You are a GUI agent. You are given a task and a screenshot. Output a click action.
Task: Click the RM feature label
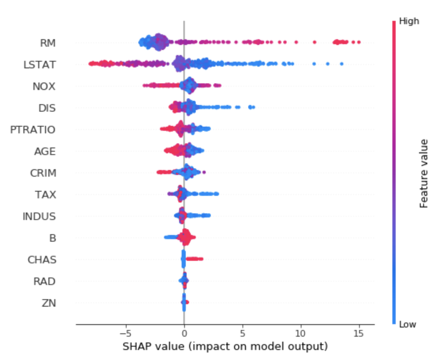[x=48, y=43]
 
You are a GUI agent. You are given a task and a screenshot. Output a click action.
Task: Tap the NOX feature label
[x=44, y=86]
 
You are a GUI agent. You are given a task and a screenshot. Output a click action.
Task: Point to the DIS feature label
[x=47, y=108]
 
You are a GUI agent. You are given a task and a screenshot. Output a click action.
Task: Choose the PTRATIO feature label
[x=33, y=130]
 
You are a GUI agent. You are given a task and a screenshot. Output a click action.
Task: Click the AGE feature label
[x=45, y=151]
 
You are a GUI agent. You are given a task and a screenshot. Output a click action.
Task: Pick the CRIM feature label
[x=43, y=173]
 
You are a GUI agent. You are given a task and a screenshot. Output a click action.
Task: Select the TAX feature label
[x=46, y=195]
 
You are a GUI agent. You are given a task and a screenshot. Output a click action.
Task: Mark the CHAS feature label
[x=42, y=260]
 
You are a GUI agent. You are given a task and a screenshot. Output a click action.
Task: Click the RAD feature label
[x=45, y=281]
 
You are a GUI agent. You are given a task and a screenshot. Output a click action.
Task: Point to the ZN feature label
[x=49, y=303]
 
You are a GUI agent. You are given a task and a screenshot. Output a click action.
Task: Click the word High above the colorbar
[x=409, y=21]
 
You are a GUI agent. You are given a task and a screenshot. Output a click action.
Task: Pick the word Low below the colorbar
[x=408, y=324]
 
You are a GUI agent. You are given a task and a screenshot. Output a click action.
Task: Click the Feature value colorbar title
[x=424, y=173]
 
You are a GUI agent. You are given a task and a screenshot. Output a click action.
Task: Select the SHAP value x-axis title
[x=225, y=347]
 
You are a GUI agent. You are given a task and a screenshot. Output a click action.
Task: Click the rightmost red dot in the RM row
[x=359, y=42]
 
